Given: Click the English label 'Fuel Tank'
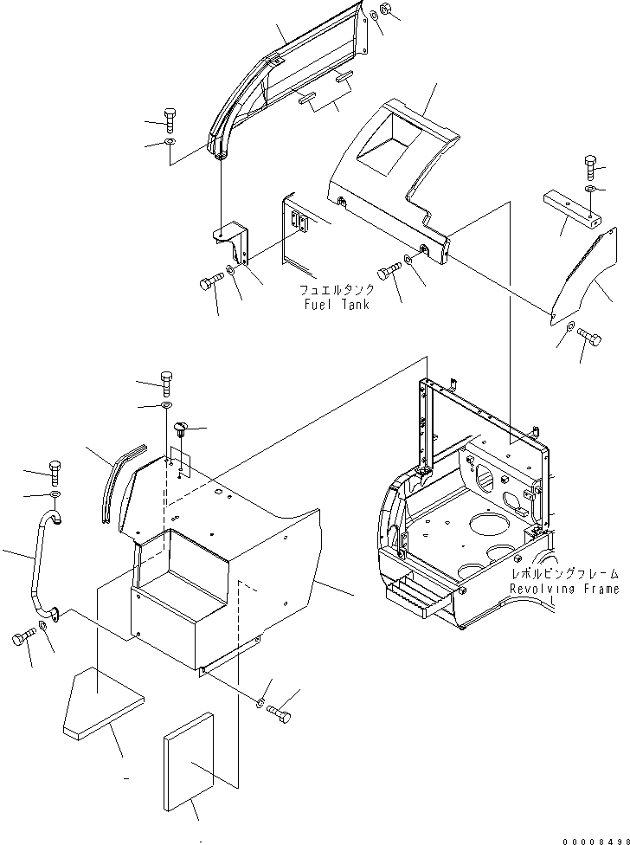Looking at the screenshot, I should coord(336,305).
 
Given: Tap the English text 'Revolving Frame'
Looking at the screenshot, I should coord(563,590).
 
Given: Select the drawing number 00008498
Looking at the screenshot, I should coord(592,835).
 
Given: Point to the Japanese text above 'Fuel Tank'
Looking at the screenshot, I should coord(337,291).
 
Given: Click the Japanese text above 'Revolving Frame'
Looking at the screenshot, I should coord(564,574).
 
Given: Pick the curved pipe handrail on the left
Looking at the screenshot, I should coord(42,572).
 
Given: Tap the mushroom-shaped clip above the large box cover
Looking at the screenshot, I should coord(181,428).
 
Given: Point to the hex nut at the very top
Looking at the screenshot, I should coord(386,11).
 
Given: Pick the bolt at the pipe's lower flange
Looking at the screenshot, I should coord(21,641).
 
